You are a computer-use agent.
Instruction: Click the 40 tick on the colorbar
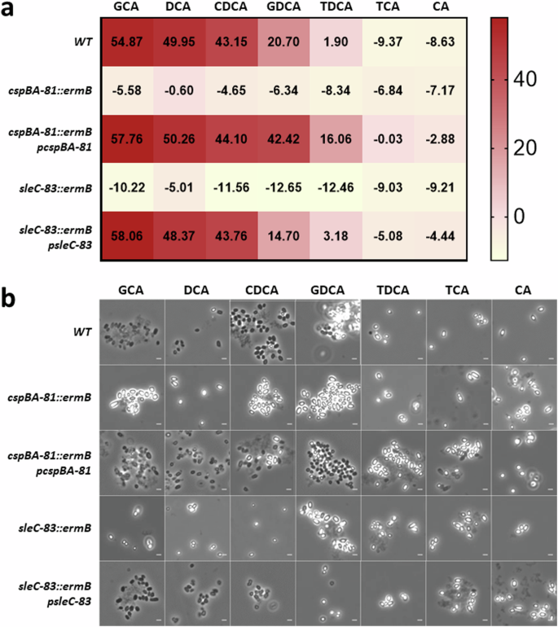tap(533, 81)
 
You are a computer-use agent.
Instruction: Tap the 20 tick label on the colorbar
tap(533, 148)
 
